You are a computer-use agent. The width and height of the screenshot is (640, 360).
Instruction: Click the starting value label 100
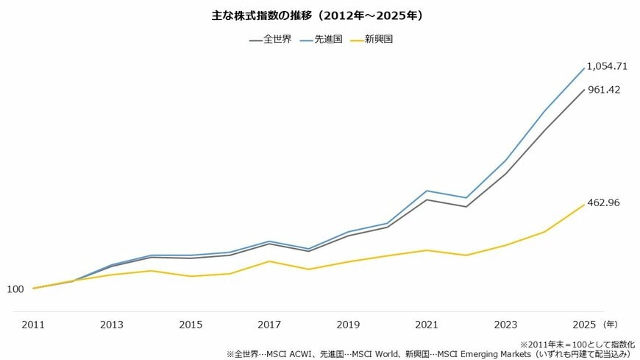coord(15,289)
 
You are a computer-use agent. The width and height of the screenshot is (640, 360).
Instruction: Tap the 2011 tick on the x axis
coord(32,325)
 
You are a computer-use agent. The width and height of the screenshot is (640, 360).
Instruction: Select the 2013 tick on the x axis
coord(112,325)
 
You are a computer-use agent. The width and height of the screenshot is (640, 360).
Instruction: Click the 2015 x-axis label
coord(191,325)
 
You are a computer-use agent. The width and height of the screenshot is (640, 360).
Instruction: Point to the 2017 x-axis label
coord(269,325)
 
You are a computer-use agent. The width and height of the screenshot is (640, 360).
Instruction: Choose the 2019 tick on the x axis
coord(348,325)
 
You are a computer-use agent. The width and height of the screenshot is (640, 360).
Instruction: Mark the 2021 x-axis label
coord(427,325)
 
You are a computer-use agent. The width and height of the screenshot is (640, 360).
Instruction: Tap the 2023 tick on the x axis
coord(506,325)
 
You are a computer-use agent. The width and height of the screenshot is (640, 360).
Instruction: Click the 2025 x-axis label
coord(585,325)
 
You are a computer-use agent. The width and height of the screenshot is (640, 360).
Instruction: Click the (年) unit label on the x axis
coord(611,324)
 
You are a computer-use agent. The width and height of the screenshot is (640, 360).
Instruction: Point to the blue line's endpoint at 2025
coord(585,68)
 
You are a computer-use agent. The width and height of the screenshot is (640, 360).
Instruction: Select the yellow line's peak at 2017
coord(269,261)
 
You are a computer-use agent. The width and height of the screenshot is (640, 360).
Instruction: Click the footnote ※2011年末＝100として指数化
coord(577,344)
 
